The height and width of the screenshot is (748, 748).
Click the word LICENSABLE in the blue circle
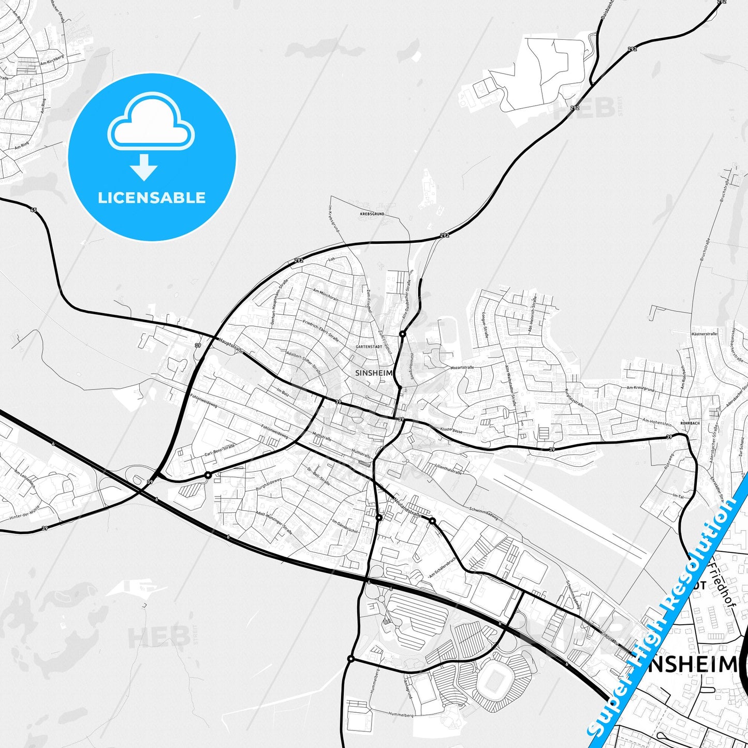(152, 198)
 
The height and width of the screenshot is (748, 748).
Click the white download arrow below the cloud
(144, 167)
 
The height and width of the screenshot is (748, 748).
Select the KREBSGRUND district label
(372, 214)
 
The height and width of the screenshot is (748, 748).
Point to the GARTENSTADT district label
(369, 346)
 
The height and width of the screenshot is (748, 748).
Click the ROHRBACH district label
(690, 423)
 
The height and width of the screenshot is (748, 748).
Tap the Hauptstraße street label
(231, 345)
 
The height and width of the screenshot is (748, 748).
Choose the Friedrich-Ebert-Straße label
(321, 330)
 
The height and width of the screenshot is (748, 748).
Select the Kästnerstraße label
(704, 334)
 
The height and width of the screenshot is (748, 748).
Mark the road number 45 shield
(34, 210)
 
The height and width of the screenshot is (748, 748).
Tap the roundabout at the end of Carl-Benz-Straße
(208, 475)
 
